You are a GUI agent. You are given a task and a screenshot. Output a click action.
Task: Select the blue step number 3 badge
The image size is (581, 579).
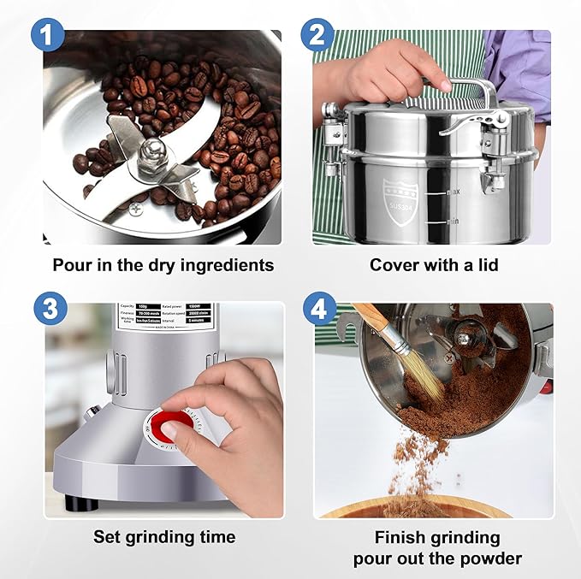tap(47, 308)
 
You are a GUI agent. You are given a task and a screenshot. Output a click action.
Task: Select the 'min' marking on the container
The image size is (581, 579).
tap(452, 222)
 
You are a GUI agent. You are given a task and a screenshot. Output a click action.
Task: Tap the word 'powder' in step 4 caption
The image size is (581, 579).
tap(491, 558)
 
